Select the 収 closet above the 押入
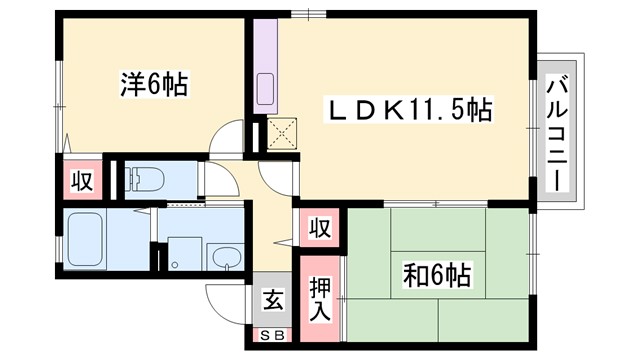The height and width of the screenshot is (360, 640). click(317, 228)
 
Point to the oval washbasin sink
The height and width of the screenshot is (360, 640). click(227, 255)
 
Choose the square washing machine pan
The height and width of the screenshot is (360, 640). click(182, 253)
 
